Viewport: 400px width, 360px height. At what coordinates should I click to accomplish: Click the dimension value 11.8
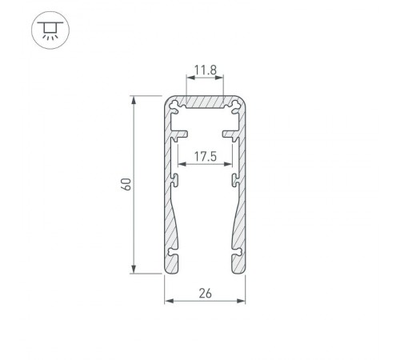pos(204,70)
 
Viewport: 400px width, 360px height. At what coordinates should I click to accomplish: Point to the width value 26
pos(204,294)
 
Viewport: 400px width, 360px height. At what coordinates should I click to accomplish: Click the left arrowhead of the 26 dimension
pos(168,302)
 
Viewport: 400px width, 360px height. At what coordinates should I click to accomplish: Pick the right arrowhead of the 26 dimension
pos(240,302)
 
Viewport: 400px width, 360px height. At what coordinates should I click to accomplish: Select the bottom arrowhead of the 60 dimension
pos(134,270)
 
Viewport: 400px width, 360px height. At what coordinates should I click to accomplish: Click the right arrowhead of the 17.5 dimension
pos(233,166)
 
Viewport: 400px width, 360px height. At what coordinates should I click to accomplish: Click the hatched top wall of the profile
pos(204,104)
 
